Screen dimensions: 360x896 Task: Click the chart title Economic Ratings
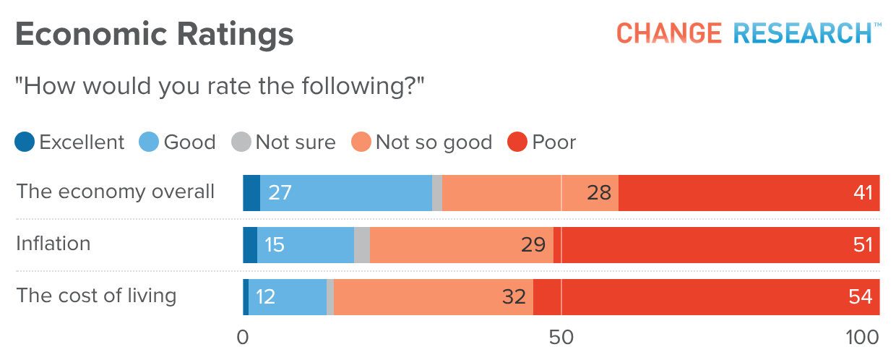[x=154, y=35]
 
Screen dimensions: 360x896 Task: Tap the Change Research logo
[x=749, y=33]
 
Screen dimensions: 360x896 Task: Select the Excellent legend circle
[x=25, y=142]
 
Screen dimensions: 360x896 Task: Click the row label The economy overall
[x=116, y=192]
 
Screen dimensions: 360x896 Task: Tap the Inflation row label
[x=53, y=244]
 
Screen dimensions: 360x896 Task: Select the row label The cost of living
[x=96, y=296]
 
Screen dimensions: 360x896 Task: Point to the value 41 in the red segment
[x=862, y=193]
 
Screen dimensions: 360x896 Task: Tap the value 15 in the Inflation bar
[x=274, y=245]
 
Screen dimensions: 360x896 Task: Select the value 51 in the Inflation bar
[x=862, y=245]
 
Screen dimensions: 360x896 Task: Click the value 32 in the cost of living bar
[x=514, y=297]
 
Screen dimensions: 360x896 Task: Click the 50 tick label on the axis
[x=561, y=338]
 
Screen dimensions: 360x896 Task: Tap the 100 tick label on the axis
[x=862, y=338]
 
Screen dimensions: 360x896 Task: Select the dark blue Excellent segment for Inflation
[x=250, y=245]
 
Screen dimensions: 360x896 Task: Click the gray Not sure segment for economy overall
[x=437, y=193]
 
